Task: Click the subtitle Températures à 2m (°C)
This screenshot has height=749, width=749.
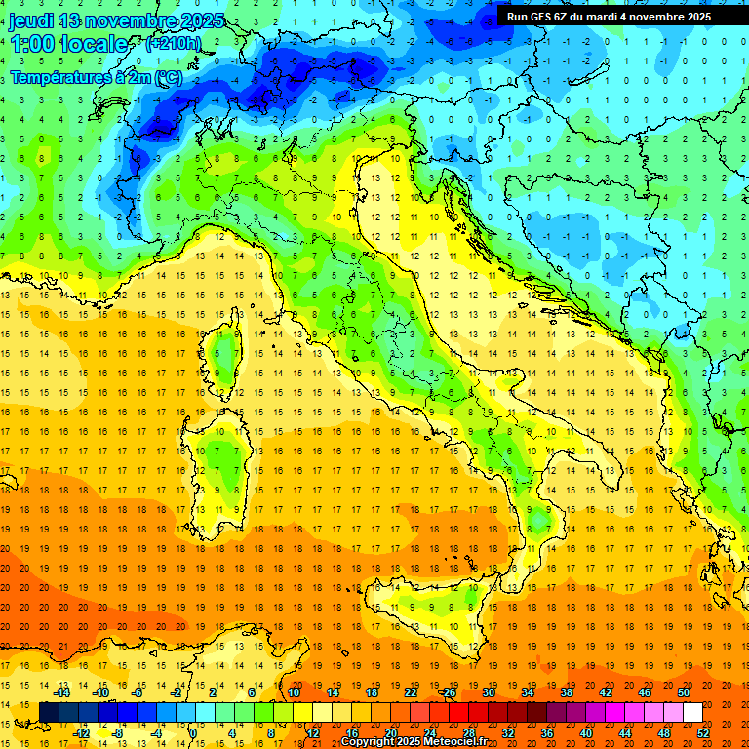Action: (96, 75)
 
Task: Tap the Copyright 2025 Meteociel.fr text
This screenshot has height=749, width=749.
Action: (414, 742)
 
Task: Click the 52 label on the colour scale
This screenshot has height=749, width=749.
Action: (702, 733)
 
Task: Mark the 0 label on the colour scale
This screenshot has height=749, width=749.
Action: (193, 733)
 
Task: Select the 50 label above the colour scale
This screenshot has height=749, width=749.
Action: (683, 692)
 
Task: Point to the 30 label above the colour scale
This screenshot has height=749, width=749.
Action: (488, 692)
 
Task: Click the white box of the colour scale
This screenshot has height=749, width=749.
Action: (692, 713)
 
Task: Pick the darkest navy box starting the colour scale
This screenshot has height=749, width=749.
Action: (49, 713)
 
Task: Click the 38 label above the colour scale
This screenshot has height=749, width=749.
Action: (566, 692)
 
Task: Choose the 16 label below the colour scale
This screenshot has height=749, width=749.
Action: (351, 733)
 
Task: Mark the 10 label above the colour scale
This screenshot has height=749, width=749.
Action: (293, 692)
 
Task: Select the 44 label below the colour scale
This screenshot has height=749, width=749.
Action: (624, 733)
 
